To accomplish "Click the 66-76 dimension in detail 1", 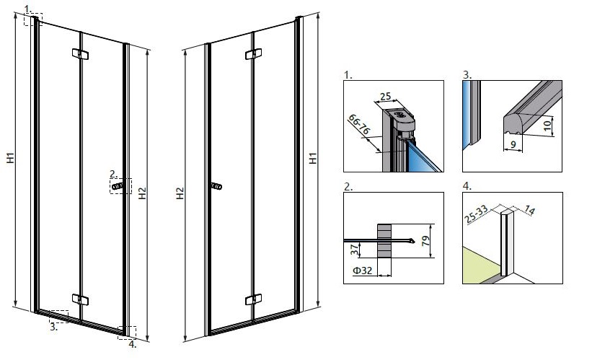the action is pos(358,125).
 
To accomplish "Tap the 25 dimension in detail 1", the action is pos(386,97).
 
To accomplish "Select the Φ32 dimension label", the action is pos(363,270).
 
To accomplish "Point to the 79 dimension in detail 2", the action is pos(425,241).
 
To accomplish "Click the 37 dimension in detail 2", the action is pos(355,250).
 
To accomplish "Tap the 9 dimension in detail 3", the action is pos(513,144).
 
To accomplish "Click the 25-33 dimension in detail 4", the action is pos(476,214).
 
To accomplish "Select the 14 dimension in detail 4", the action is pos(530,210).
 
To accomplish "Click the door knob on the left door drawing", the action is pos(117,186).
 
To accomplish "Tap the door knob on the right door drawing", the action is pos(216,186).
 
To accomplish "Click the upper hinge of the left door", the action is pos(80,53).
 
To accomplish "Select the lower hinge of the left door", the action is pos(80,300).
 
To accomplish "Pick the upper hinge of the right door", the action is pos(253,53).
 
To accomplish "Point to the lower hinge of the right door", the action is pos(253,299).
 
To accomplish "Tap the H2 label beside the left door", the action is pos(142,193).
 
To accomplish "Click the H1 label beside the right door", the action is pos(313,158).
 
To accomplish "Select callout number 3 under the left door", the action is pos(54,327).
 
